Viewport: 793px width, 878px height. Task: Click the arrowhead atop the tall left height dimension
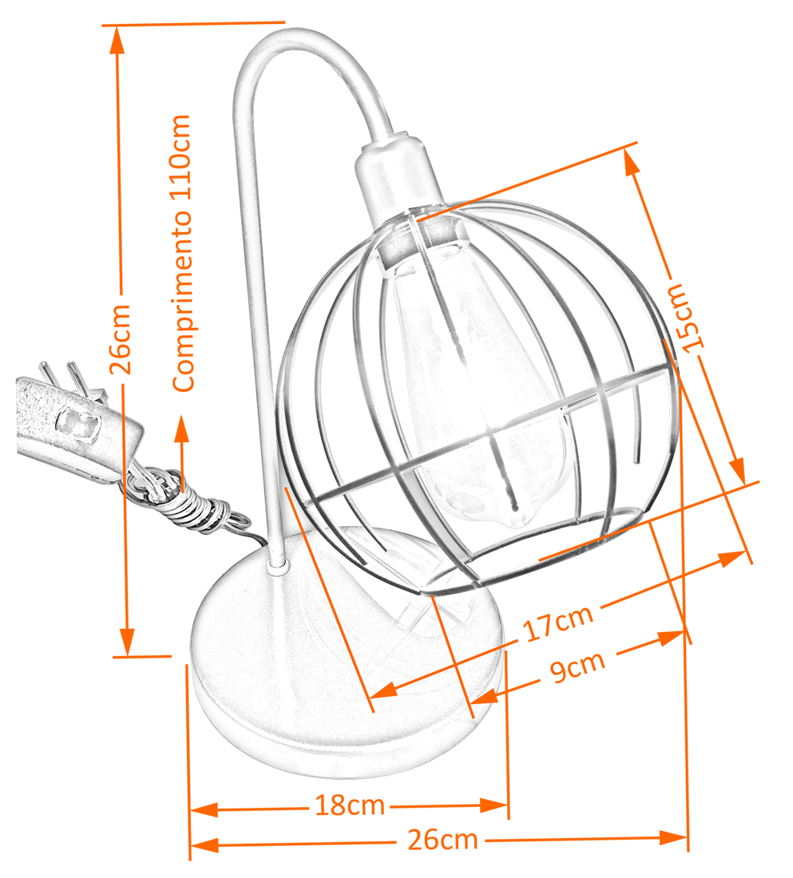click(x=118, y=36)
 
